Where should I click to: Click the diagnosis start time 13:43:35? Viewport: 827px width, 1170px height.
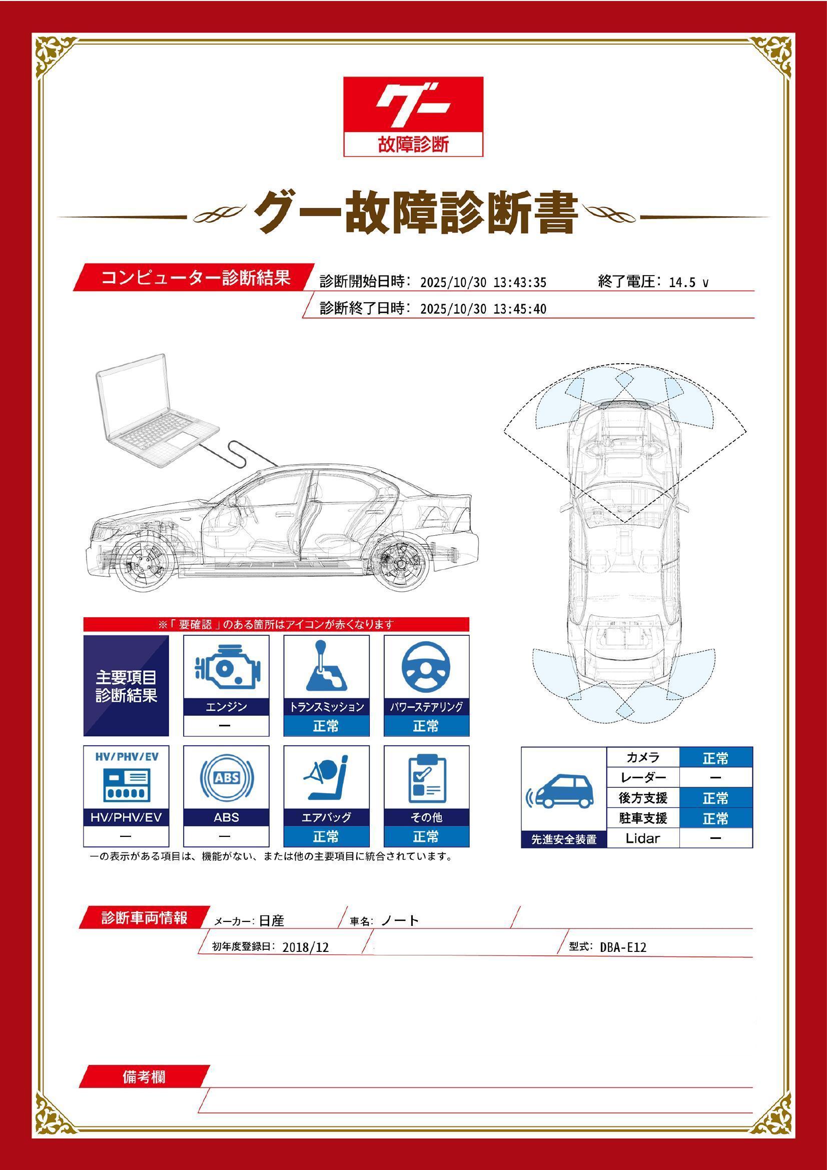click(x=519, y=283)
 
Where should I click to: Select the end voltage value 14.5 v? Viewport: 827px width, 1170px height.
click(x=688, y=283)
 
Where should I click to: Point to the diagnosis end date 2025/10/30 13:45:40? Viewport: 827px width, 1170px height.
click(x=483, y=309)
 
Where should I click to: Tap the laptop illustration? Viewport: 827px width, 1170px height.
click(x=153, y=413)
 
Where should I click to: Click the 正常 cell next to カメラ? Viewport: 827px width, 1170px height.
click(x=715, y=759)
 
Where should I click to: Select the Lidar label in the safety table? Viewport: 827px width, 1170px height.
click(x=642, y=838)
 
